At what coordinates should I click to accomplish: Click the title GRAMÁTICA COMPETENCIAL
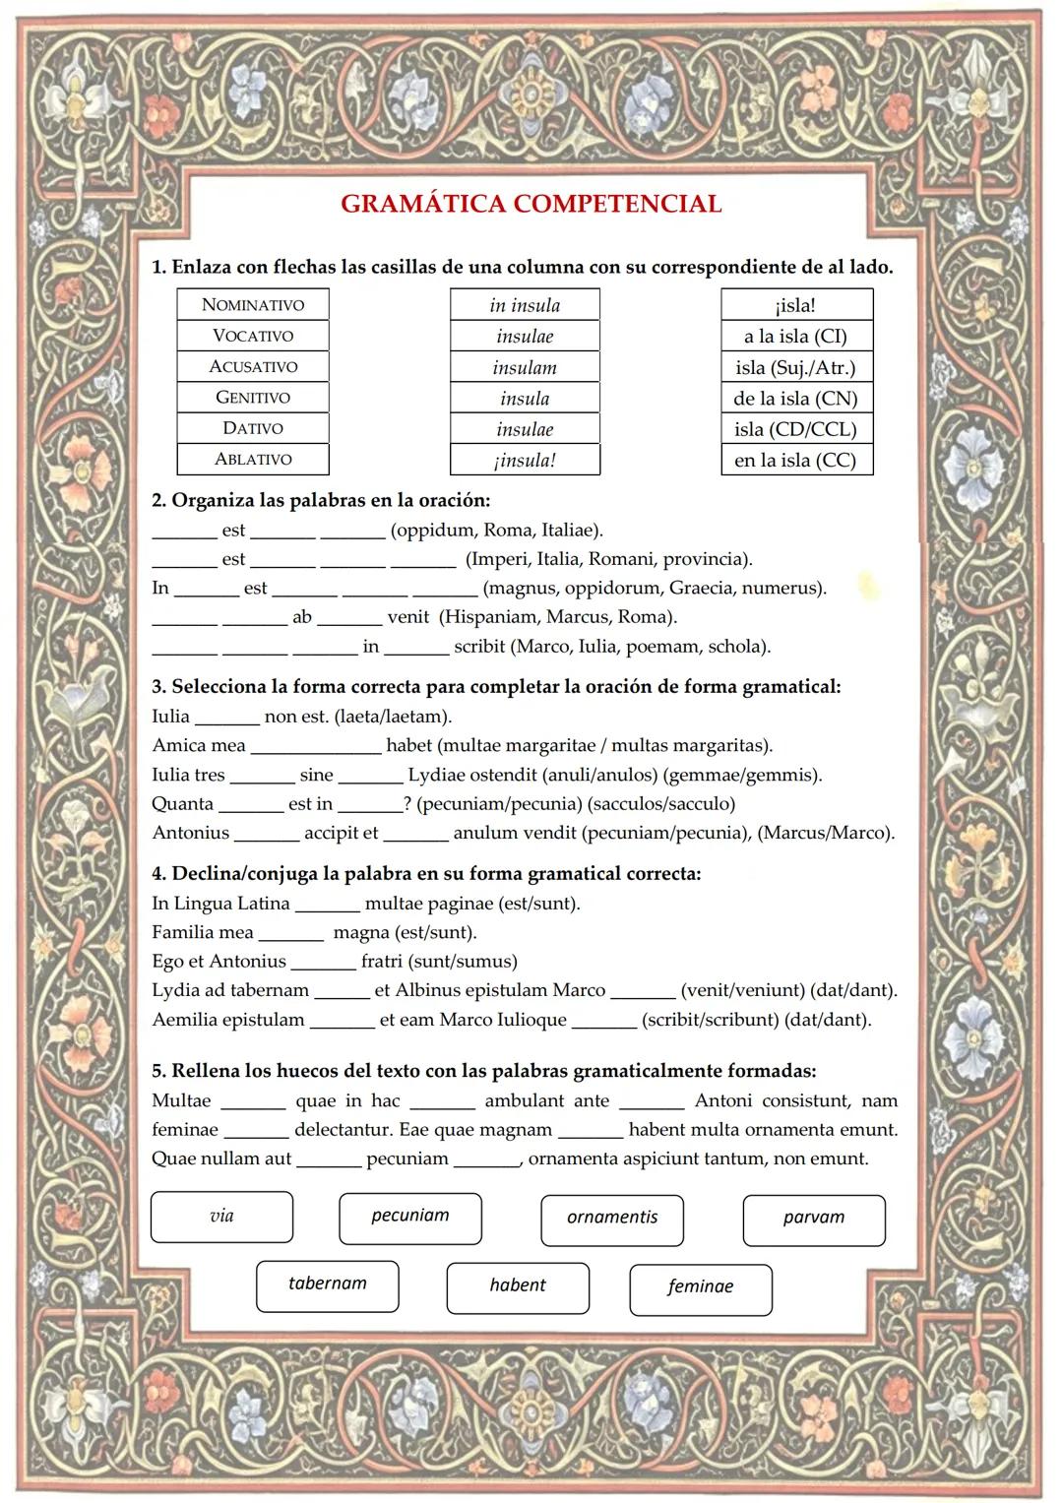[x=531, y=204]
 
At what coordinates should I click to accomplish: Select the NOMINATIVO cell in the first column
[x=253, y=304]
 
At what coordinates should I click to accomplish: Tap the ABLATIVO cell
[x=253, y=459]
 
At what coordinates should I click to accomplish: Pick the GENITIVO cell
[x=253, y=398]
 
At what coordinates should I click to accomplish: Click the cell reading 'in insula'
[x=525, y=305]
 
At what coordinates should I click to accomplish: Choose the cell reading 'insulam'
[x=525, y=367]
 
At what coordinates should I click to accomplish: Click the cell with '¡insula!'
[x=525, y=460]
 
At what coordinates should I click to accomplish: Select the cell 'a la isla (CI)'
[x=796, y=336]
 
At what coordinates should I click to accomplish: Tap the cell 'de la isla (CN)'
[x=796, y=398]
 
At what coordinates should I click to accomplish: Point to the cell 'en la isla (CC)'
[x=796, y=460]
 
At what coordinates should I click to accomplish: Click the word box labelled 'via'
[x=221, y=1217]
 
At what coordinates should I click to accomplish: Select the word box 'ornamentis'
[x=611, y=1218]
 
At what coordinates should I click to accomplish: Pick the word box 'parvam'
[x=814, y=1218]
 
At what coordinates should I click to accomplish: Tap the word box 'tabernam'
[x=327, y=1284]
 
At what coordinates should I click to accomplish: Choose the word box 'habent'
[x=518, y=1285]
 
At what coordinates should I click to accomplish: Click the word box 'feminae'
[x=700, y=1286]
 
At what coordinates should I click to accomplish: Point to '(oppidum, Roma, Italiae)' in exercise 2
[x=497, y=531]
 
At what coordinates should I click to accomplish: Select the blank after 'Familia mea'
[x=291, y=933]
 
